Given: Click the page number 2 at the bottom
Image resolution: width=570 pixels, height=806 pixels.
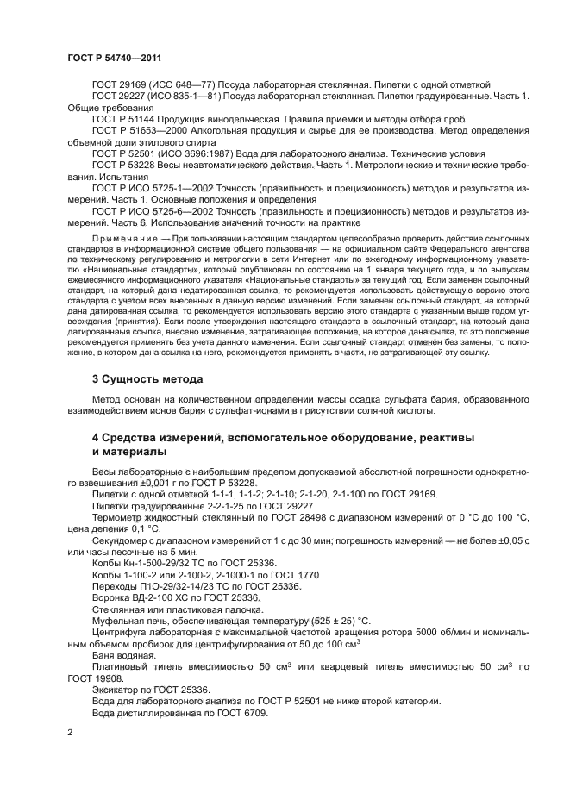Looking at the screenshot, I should click(71, 732).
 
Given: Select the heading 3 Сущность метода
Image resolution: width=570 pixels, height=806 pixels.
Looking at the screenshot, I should click(147, 378).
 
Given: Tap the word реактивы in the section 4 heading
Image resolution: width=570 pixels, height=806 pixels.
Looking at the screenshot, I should click(445, 439).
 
